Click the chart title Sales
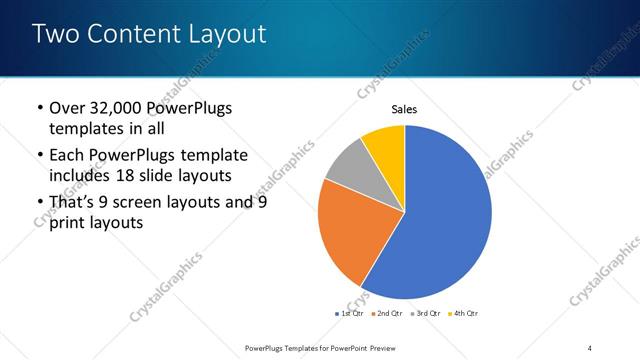pos(404,110)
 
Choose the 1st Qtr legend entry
pos(350,313)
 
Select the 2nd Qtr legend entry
pos(387,313)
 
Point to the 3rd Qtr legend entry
pos(425,313)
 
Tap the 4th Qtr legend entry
pos(463,313)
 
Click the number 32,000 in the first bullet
pos(113,108)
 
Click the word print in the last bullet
pos(68,223)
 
